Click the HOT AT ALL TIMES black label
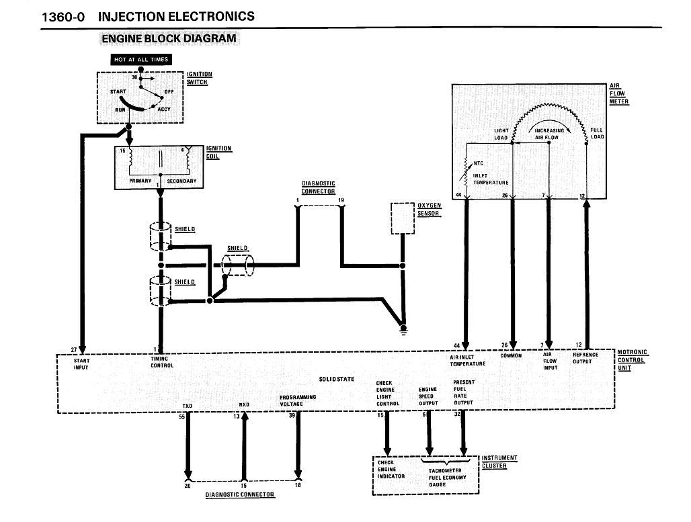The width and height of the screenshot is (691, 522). click(x=140, y=60)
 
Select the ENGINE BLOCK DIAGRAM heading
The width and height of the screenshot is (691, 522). click(x=169, y=39)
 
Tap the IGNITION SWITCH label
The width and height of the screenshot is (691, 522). click(x=199, y=78)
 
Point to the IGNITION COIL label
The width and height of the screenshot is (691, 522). click(x=218, y=153)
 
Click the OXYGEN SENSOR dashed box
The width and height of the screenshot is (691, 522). click(x=403, y=218)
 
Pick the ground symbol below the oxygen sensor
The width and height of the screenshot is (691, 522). click(x=403, y=330)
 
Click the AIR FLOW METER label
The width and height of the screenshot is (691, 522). click(x=618, y=94)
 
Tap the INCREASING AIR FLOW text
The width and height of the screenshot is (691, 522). click(x=548, y=134)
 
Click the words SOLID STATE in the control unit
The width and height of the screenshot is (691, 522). click(x=336, y=379)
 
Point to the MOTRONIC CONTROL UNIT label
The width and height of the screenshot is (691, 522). click(x=632, y=360)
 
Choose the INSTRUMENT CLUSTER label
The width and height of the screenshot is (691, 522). click(x=499, y=462)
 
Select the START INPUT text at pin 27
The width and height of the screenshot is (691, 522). click(x=81, y=364)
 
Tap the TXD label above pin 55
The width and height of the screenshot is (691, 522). click(x=188, y=406)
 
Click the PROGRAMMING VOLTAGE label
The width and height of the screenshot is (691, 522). click(x=298, y=400)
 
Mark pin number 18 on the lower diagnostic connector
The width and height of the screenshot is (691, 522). click(x=298, y=485)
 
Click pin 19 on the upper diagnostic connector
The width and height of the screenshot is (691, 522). click(x=341, y=200)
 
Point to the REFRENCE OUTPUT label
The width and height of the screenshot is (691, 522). click(x=585, y=357)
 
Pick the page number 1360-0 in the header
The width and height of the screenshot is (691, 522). click(x=63, y=17)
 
